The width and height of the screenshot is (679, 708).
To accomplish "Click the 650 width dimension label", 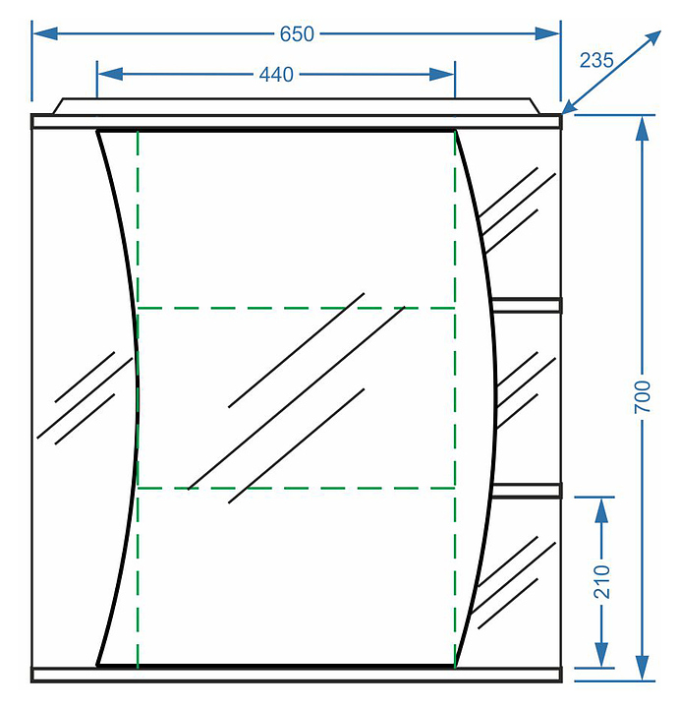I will (297, 34).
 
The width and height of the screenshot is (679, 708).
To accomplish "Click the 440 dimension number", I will (276, 75).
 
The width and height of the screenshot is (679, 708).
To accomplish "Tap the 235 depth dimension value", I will (595, 60).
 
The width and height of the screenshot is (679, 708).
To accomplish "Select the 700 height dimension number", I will (643, 395).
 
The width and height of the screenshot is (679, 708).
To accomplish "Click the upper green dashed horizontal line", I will (295, 308).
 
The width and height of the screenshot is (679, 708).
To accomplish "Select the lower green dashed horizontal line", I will (295, 488).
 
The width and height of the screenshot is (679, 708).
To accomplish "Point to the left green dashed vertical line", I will (138, 393).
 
